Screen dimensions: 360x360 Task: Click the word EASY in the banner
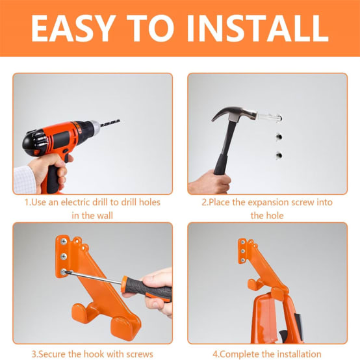pos(73,28)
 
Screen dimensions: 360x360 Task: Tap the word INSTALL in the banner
pos(257,28)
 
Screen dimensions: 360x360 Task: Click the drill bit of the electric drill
pos(110,123)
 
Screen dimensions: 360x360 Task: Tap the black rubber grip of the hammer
pos(221,164)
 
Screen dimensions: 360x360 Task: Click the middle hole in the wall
pos(279,137)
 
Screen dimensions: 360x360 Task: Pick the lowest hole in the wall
pos(279,155)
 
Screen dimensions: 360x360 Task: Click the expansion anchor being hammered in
pos(269,117)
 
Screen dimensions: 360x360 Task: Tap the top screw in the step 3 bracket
pos(64,241)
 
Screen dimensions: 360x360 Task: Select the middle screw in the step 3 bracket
pos(64,257)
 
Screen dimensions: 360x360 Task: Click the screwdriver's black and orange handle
pos(147,289)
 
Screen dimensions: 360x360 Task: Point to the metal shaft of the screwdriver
pos(94,277)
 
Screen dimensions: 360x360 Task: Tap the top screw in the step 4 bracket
pos(242,242)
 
